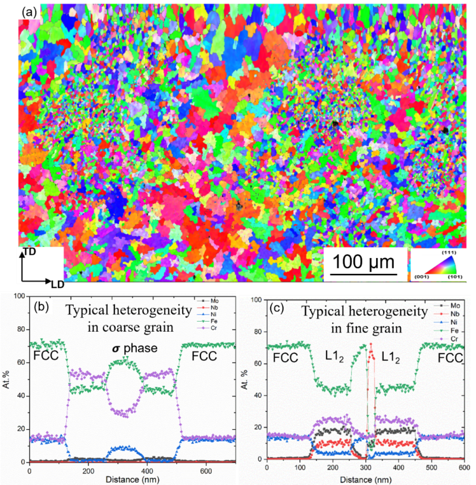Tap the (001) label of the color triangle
(419, 276)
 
